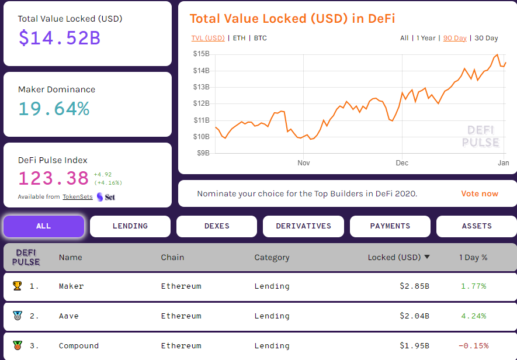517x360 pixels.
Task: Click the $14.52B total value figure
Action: coord(60,38)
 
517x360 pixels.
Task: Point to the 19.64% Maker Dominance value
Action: coord(54,109)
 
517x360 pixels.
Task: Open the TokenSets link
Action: coord(78,197)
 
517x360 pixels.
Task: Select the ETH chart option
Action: coord(239,38)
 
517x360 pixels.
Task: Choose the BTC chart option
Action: coord(261,38)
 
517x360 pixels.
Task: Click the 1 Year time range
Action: coord(426,38)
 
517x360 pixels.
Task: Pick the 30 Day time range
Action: coord(486,38)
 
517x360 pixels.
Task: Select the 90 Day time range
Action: coord(455,38)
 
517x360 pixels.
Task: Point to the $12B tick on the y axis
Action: coord(202,103)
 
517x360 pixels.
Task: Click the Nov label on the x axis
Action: coord(303,163)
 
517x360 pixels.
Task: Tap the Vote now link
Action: coord(480,193)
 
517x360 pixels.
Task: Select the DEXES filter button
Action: coord(217,226)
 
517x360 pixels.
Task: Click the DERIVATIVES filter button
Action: coord(303,226)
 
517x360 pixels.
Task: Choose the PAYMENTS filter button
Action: coord(390,226)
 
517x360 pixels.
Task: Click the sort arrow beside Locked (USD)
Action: coord(427,257)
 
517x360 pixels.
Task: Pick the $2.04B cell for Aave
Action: coord(415,316)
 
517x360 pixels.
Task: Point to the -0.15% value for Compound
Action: coord(473,346)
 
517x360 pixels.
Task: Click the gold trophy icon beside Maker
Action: coord(17,286)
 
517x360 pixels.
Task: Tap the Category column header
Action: coord(272,257)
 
